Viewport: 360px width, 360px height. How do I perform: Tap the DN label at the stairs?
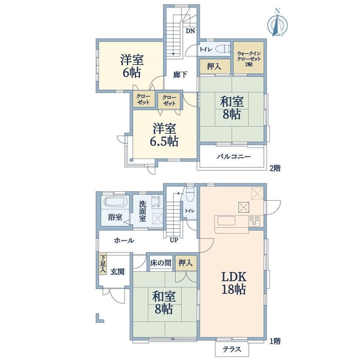tap(190, 31)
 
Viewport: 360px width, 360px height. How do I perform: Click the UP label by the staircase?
tap(174, 240)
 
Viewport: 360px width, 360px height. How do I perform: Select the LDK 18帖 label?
tap(234, 283)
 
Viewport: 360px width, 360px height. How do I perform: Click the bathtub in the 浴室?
tap(115, 202)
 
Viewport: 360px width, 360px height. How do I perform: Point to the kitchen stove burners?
tap(254, 221)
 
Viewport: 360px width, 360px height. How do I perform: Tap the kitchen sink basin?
tap(227, 221)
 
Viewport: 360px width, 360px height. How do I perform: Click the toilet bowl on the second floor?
tap(223, 49)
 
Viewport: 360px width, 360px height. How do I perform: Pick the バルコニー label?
tap(234, 157)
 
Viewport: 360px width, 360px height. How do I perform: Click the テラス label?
tap(232, 349)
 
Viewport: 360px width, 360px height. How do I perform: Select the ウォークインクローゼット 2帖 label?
tap(249, 59)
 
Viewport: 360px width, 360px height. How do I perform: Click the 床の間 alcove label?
tap(161, 263)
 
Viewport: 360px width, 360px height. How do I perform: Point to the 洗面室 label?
tap(142, 211)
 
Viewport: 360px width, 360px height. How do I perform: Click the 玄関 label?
tap(117, 272)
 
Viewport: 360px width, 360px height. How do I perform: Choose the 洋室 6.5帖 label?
tap(164, 135)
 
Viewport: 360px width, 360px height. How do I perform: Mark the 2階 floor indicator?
tap(275, 168)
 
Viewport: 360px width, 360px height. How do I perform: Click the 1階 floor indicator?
tap(275, 341)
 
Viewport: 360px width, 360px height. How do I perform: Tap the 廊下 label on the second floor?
tap(180, 75)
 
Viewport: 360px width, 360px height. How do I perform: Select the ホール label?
tap(124, 240)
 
